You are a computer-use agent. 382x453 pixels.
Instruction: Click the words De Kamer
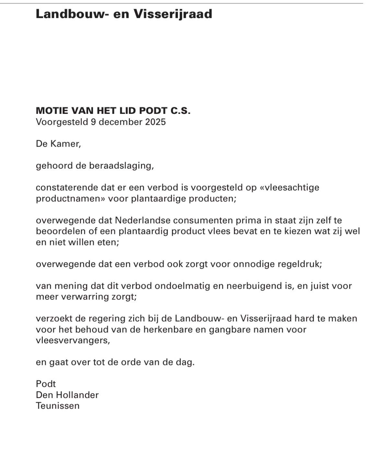[x=58, y=144]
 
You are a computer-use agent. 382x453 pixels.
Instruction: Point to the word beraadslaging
[x=121, y=166]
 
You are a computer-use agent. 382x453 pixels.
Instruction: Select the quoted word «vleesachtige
[x=290, y=188]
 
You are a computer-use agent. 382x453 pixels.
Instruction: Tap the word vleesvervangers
[x=73, y=340]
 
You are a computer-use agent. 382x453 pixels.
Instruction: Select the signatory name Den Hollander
[x=67, y=395]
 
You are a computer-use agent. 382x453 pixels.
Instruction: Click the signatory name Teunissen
[x=58, y=406]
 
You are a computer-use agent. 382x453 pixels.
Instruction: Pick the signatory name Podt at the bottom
[x=46, y=384]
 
